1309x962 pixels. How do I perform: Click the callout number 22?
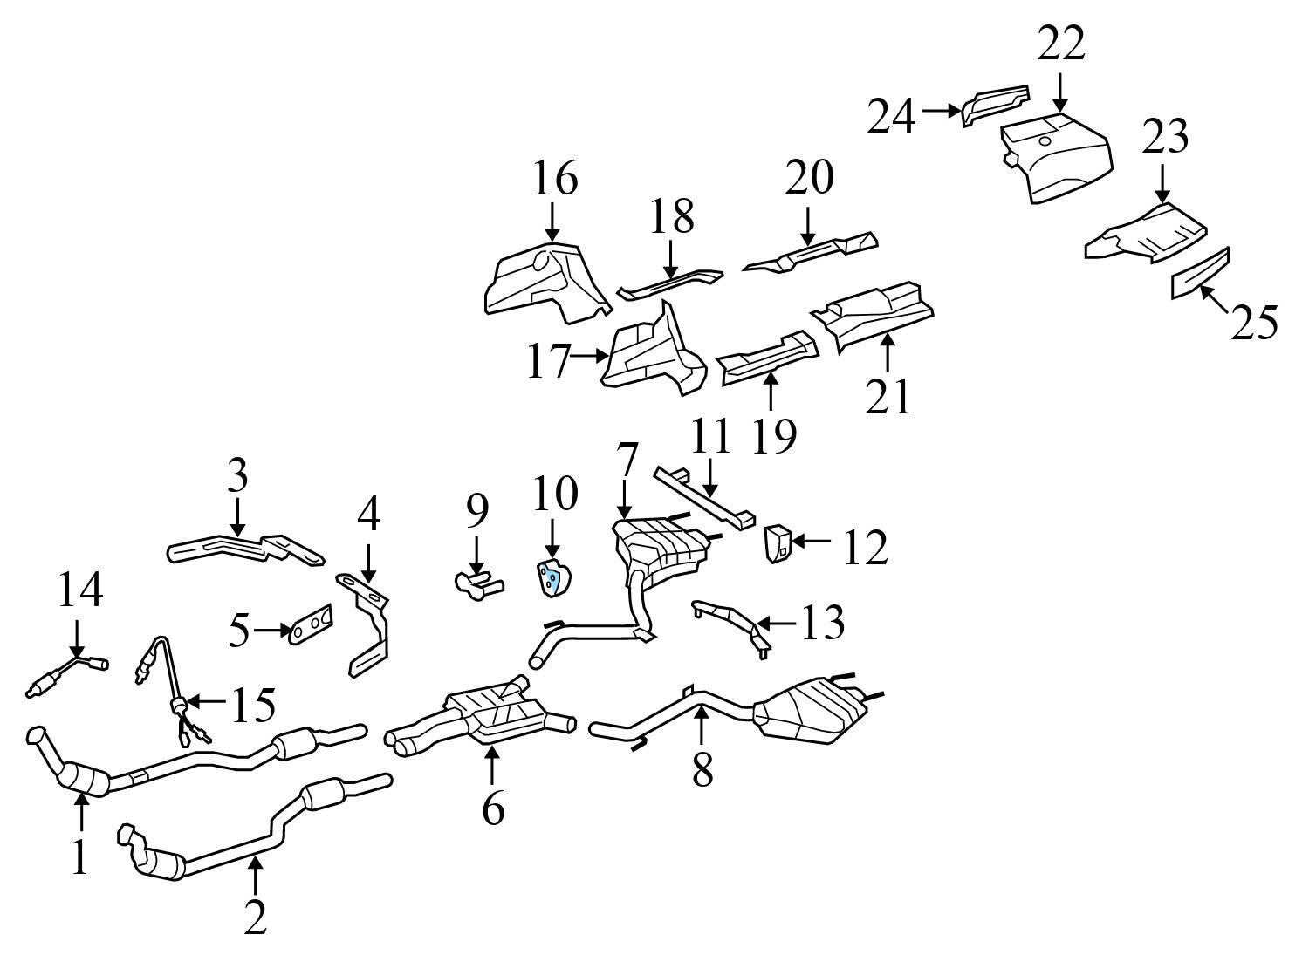click(x=1061, y=44)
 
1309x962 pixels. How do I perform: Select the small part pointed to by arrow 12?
click(x=778, y=543)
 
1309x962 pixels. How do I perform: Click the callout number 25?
click(x=1254, y=323)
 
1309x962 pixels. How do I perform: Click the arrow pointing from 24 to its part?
click(x=940, y=111)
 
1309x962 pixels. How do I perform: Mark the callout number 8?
click(x=702, y=768)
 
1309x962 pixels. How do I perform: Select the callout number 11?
click(x=710, y=437)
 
